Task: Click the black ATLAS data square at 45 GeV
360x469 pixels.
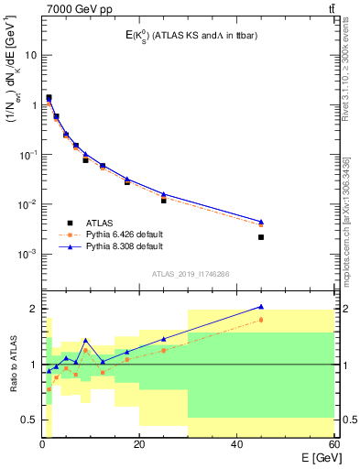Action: click(261, 237)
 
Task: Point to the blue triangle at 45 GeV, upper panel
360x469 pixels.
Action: click(261, 222)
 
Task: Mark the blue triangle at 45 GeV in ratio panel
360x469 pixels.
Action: click(261, 307)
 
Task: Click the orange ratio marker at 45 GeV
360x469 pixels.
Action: click(261, 320)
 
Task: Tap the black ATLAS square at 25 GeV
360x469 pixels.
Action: click(164, 200)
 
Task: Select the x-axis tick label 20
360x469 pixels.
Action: click(138, 444)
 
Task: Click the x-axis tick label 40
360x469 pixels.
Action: click(236, 444)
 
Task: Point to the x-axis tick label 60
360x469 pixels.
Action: click(333, 444)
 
